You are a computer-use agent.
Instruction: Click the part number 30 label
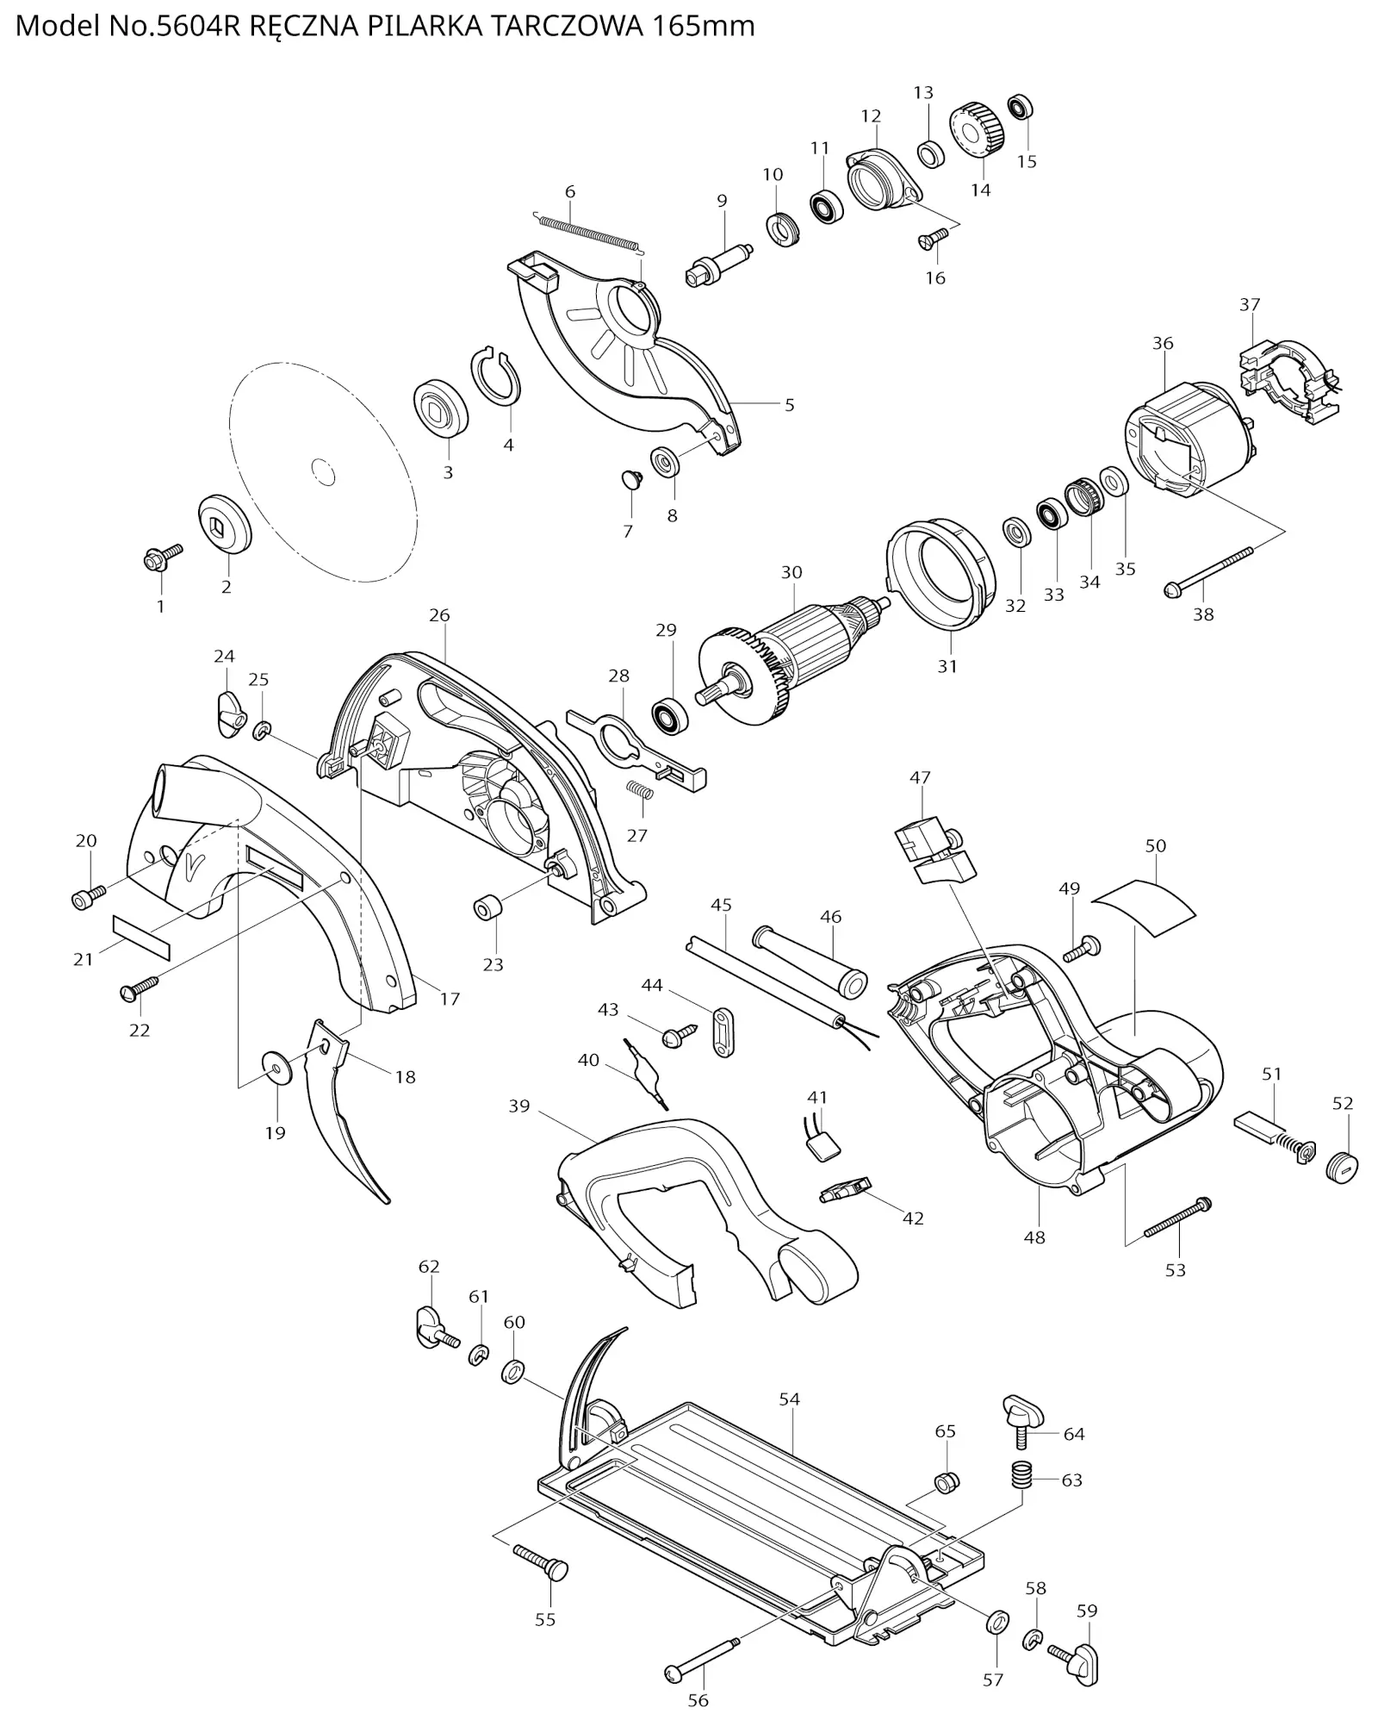point(791,572)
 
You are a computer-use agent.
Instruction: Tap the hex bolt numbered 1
point(163,557)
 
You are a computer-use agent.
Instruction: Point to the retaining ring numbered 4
point(496,376)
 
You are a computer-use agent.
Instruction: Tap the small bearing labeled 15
point(1021,107)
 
